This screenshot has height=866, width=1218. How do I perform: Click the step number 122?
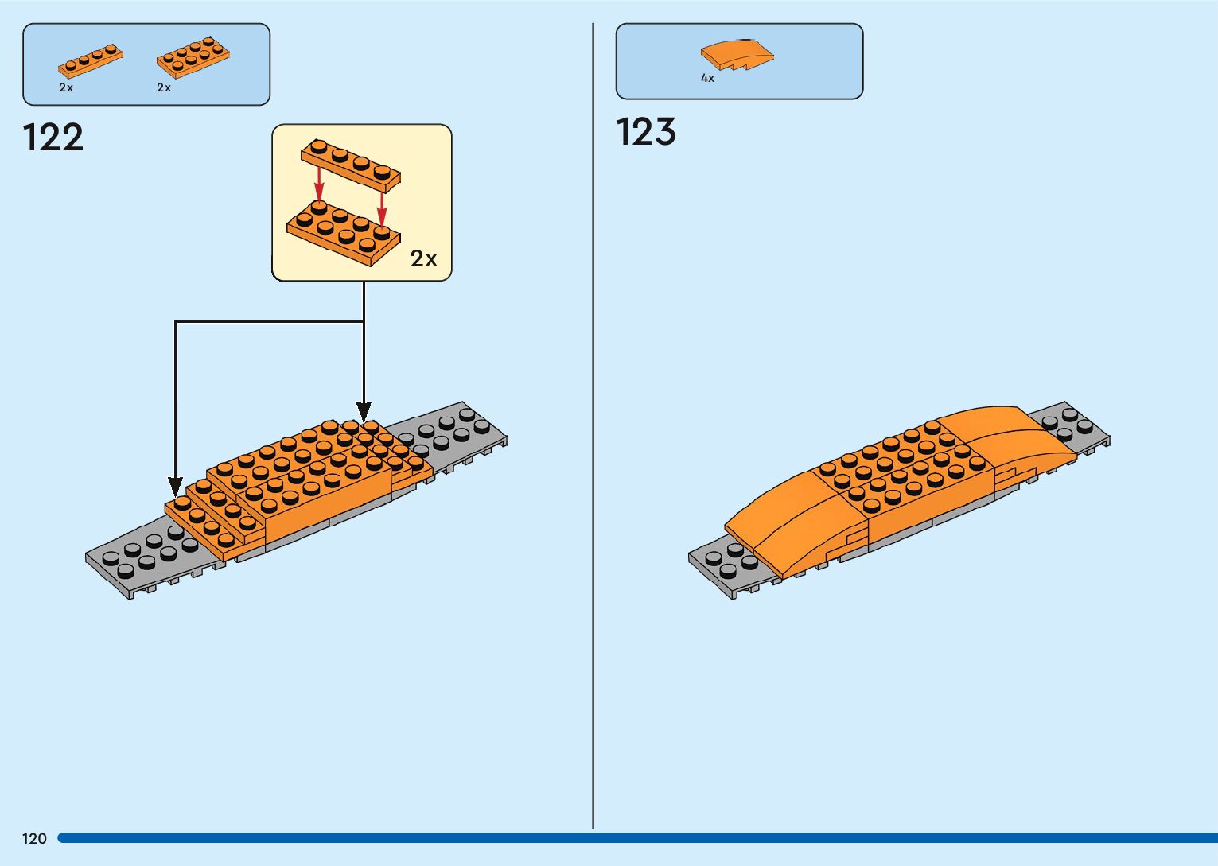[53, 138]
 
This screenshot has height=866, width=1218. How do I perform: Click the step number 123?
[646, 132]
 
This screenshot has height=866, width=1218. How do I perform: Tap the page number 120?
[34, 838]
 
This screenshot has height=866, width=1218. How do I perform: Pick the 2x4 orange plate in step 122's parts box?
[193, 57]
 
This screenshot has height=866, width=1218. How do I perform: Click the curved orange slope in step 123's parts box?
[737, 54]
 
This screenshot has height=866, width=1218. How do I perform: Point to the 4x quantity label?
[707, 78]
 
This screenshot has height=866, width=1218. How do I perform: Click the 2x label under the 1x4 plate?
[66, 87]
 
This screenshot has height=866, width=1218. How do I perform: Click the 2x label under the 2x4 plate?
[164, 87]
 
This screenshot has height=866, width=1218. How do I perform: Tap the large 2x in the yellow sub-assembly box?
[423, 258]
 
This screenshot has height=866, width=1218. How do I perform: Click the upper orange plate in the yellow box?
[350, 165]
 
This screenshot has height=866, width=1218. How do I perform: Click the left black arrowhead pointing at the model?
[175, 486]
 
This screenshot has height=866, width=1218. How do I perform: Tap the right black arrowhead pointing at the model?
[364, 412]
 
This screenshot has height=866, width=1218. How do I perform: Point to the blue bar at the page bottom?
[636, 838]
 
